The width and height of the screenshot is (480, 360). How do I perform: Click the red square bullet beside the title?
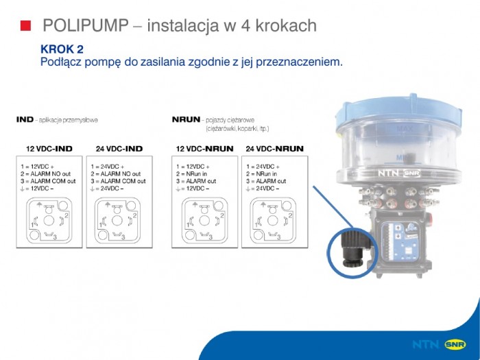click(26, 26)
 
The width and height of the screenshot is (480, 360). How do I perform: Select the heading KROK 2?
click(62, 49)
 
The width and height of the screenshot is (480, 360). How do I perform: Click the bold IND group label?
click(25, 119)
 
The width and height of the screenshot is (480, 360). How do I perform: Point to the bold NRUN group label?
click(186, 119)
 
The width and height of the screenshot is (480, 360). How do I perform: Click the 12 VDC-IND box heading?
click(49, 149)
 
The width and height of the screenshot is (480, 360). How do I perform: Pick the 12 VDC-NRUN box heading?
click(205, 149)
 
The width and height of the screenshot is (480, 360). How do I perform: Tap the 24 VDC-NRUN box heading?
click(274, 149)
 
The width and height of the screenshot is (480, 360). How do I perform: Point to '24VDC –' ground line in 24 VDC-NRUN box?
click(264, 188)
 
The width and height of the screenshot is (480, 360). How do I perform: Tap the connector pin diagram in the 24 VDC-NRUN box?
click(273, 219)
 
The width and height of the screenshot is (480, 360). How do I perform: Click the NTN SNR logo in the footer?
click(439, 344)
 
